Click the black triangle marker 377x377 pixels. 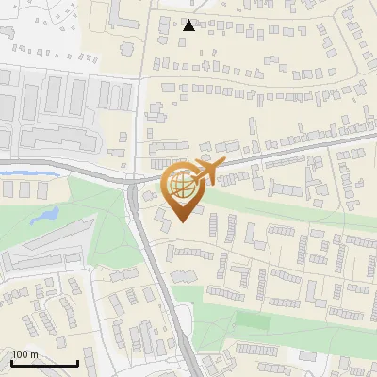pyautogui.click(x=189, y=25)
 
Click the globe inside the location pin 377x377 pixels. pyautogui.click(x=182, y=185)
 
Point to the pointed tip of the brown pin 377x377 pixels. pyautogui.click(x=182, y=221)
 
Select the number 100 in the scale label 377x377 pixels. pyautogui.click(x=19, y=355)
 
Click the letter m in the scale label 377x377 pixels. pyautogui.click(x=33, y=355)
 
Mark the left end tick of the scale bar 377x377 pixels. pyautogui.click(x=11, y=363)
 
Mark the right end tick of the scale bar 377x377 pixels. pyautogui.click(x=77, y=363)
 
